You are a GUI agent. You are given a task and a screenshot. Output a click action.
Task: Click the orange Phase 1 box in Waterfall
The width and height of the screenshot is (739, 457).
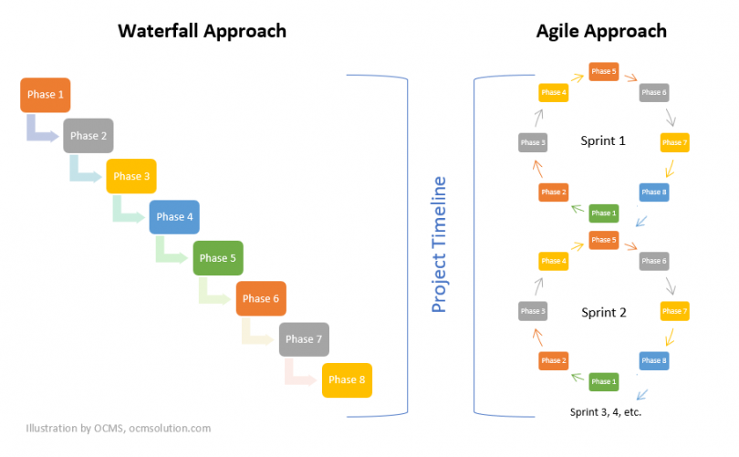click(46, 95)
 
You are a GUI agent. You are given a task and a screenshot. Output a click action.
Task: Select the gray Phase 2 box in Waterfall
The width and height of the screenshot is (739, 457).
click(88, 136)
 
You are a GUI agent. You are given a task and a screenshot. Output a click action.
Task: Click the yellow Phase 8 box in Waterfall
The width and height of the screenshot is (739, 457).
click(348, 379)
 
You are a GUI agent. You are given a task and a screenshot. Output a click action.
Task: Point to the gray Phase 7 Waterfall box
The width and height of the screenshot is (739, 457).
click(304, 339)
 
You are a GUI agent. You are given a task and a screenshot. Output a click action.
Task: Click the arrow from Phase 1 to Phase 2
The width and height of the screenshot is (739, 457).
click(42, 130)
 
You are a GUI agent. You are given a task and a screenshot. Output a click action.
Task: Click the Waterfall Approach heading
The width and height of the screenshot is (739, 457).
click(202, 31)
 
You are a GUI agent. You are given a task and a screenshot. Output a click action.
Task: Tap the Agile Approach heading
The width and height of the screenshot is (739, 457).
click(600, 31)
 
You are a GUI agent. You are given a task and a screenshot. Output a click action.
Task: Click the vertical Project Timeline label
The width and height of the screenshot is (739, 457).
click(439, 245)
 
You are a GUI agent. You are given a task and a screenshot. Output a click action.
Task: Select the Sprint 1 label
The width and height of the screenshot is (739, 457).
click(603, 141)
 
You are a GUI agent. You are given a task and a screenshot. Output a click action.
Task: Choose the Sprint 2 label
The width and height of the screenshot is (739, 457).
click(603, 312)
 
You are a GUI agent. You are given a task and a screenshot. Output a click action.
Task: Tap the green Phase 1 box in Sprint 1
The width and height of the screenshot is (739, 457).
click(602, 213)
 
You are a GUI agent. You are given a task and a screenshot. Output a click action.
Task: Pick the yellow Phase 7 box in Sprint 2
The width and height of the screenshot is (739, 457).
click(674, 312)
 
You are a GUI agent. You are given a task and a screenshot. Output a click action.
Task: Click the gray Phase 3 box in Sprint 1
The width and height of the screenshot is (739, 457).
click(532, 142)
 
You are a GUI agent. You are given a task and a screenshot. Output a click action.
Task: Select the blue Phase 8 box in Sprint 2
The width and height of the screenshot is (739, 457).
click(654, 360)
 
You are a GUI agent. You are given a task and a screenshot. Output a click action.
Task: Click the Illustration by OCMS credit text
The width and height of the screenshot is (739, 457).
click(119, 427)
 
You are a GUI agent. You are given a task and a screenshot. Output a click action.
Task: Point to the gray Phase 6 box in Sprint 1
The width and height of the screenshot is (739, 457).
click(654, 92)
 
